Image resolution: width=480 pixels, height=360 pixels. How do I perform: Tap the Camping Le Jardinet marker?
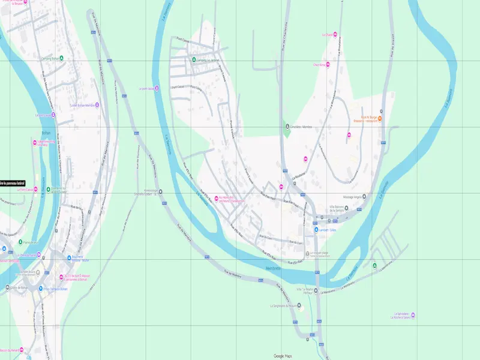point(193,59)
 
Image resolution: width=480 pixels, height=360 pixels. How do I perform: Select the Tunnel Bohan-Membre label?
point(82,105)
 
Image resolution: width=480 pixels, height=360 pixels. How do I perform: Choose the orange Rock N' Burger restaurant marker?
point(380,118)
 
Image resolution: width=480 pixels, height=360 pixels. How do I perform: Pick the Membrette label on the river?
point(273,268)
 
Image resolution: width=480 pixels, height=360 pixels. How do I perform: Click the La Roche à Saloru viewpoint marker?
point(420,316)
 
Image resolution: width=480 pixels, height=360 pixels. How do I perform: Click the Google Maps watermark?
point(283,356)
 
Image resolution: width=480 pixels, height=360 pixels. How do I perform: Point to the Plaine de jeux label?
point(31,242)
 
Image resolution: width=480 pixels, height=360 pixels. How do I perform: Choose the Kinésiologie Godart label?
point(147,192)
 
